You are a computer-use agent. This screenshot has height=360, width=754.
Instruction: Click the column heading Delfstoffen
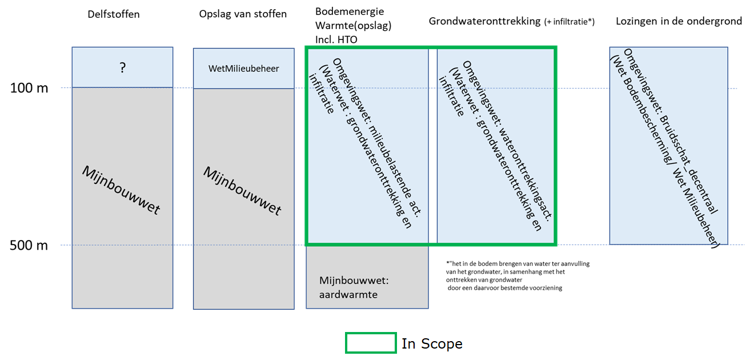pyautogui.click(x=114, y=14)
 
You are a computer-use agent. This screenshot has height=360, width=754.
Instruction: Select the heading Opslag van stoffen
pyautogui.click(x=243, y=14)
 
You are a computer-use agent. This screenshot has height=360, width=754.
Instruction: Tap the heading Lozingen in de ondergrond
pyautogui.click(x=679, y=21)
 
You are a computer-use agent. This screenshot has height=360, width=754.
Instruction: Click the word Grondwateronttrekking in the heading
pyautogui.click(x=484, y=21)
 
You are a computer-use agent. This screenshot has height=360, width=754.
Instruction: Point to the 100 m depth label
pyautogui.click(x=30, y=88)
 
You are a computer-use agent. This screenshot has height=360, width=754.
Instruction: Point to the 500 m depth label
pyautogui.click(x=30, y=246)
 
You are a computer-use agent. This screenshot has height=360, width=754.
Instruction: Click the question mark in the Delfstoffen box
pyautogui.click(x=122, y=67)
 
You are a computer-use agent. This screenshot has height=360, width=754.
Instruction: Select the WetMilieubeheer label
pyautogui.click(x=244, y=69)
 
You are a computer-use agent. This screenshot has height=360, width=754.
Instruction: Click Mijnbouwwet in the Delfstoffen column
pyautogui.click(x=121, y=190)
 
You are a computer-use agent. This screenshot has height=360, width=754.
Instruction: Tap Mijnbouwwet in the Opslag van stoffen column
pyautogui.click(x=242, y=191)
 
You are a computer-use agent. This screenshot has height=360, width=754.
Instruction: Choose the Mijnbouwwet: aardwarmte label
pyautogui.click(x=354, y=287)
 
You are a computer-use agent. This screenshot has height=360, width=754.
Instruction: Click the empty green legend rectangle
pyautogui.click(x=371, y=343)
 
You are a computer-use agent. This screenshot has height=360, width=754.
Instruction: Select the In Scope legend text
pyautogui.click(x=432, y=343)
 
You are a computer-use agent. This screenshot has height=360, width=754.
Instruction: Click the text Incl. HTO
pyautogui.click(x=340, y=39)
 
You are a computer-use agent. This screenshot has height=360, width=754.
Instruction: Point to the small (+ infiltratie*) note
pyautogui.click(x=569, y=22)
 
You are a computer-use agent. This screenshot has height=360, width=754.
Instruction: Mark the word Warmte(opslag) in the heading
pyautogui.click(x=353, y=26)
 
